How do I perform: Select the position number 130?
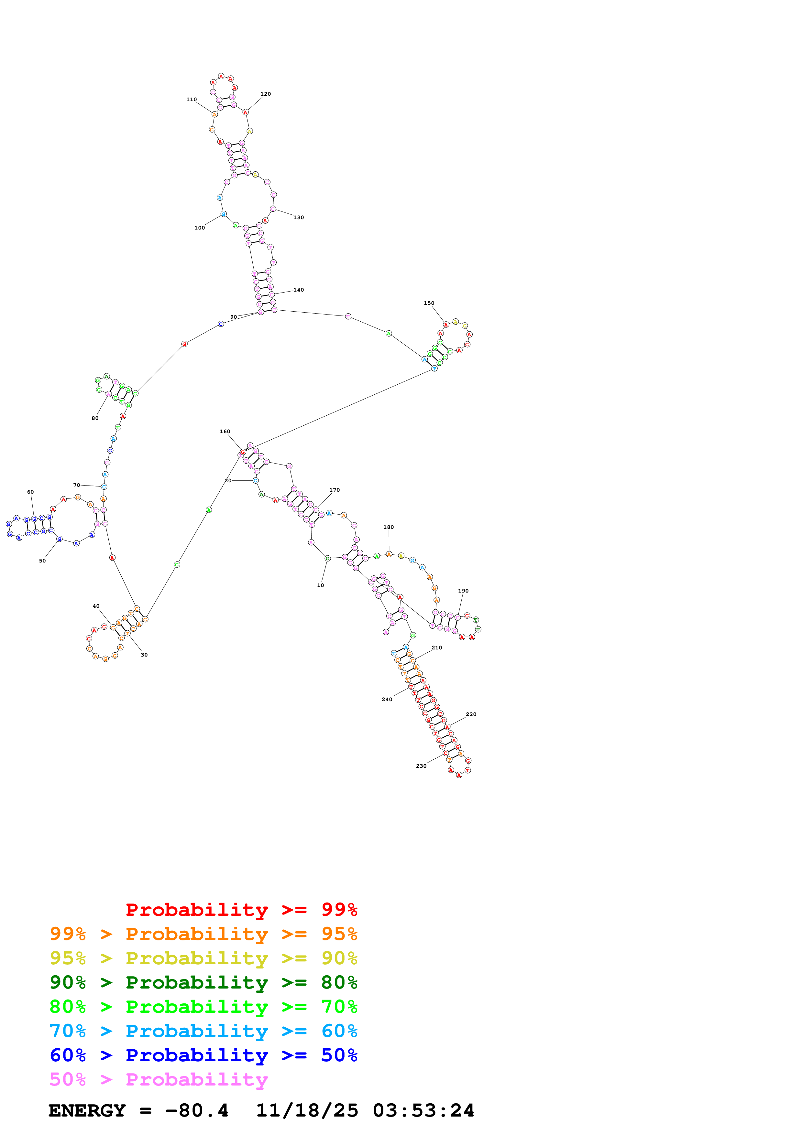pos(299,217)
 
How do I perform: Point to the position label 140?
pos(299,290)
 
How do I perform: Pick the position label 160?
pos(225,431)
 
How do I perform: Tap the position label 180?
pos(389,527)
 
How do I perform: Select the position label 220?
pos(471,714)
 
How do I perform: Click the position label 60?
pos(31,492)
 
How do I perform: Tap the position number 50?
pos(42,561)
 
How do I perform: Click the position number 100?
pos(199,228)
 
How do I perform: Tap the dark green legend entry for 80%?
pos(203,982)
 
